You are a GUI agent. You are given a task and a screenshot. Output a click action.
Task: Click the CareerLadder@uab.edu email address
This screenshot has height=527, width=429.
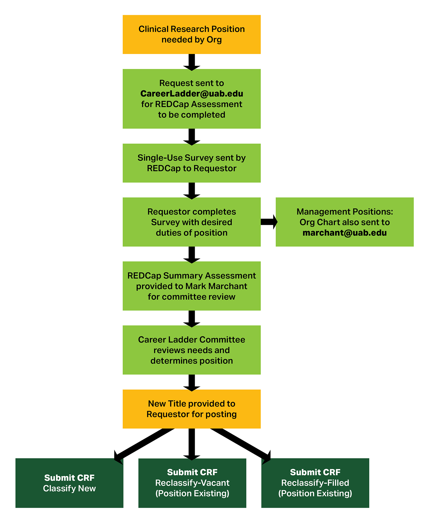click(192, 94)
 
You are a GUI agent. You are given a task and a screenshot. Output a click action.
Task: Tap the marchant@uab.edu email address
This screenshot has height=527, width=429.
click(344, 233)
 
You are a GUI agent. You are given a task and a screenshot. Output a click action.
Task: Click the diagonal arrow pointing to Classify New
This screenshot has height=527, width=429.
click(143, 444)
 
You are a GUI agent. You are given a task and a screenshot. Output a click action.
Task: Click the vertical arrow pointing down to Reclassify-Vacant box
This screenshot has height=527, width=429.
click(192, 443)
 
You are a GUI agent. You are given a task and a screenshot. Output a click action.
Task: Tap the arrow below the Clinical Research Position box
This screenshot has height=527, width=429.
click(192, 62)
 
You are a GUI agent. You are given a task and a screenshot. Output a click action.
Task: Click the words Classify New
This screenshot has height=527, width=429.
click(69, 488)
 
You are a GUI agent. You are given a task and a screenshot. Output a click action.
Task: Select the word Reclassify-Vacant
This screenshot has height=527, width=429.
click(192, 483)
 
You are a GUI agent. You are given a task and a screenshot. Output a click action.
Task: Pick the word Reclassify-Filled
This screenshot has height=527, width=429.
click(315, 483)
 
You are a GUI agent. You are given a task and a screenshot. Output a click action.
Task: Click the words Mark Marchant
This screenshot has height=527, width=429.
click(216, 286)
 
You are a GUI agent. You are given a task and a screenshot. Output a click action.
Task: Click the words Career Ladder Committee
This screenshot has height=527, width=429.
click(192, 340)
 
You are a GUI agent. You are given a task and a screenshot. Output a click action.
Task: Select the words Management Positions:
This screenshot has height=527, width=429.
click(344, 212)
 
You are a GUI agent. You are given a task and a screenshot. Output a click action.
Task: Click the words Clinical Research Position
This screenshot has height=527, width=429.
click(192, 29)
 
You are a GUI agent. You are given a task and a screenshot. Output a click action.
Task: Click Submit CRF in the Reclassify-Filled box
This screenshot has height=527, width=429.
click(315, 472)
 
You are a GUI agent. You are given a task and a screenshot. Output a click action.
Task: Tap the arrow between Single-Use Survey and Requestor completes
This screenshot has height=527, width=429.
click(192, 191)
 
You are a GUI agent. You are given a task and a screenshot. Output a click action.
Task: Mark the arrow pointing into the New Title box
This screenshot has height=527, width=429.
click(192, 383)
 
